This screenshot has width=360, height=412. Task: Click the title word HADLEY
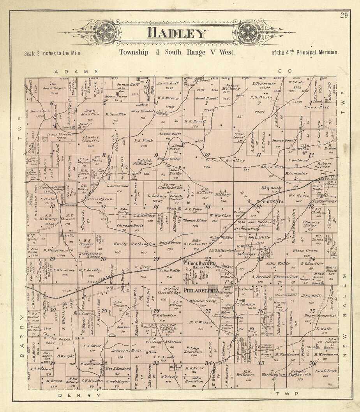176,33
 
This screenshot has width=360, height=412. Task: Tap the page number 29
344,16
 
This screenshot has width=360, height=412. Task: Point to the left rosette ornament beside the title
105,32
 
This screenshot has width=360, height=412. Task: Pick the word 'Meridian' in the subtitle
326,52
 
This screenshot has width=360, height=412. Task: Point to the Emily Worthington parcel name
134,244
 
